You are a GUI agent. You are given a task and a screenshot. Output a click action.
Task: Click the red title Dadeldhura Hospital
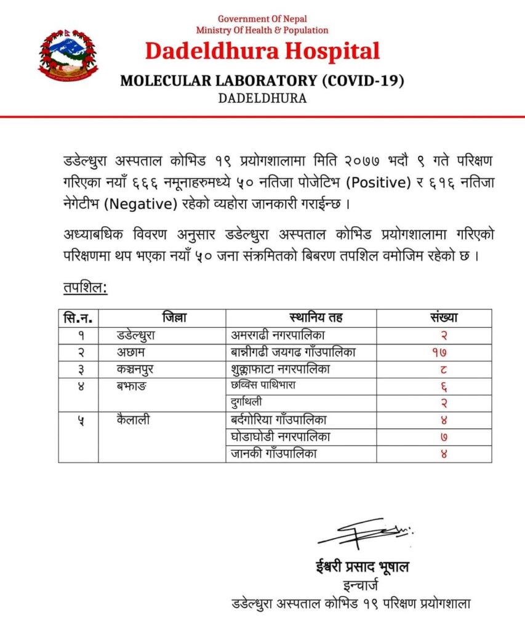pyautogui.click(x=262, y=51)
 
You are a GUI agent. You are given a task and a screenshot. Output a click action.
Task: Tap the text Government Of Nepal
pyautogui.click(x=262, y=19)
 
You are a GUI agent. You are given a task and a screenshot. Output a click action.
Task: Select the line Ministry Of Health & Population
pyautogui.click(x=262, y=30)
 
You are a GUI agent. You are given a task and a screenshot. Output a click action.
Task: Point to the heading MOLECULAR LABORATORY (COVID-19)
pyautogui.click(x=262, y=81)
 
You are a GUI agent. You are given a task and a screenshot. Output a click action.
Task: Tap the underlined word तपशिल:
pyautogui.click(x=85, y=288)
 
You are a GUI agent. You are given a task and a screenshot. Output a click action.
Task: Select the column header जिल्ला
pyautogui.click(x=175, y=318)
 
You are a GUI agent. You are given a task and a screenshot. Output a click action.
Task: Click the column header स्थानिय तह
pyautogui.click(x=316, y=318)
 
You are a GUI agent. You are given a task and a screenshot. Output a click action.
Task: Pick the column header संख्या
pyautogui.click(x=443, y=318)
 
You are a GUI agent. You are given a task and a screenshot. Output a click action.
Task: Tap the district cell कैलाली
pyautogui.click(x=133, y=420)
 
